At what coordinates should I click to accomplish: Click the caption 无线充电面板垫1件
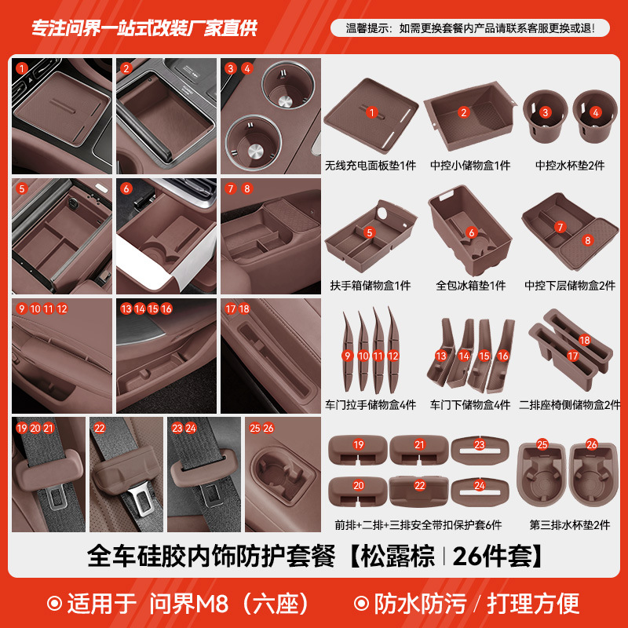tap(371, 166)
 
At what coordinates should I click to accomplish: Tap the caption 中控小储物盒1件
tap(470, 166)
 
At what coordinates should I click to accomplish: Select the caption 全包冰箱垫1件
tap(470, 286)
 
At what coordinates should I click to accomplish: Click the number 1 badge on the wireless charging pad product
tap(372, 112)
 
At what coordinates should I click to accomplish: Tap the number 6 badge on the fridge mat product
tap(471, 232)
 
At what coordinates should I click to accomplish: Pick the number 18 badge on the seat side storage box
tap(584, 340)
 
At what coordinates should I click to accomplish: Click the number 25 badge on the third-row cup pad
tap(542, 445)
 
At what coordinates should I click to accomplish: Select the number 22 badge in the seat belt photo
tap(100, 428)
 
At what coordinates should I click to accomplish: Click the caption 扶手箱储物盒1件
tap(371, 286)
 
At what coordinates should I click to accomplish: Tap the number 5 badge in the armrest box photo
tap(22, 188)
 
